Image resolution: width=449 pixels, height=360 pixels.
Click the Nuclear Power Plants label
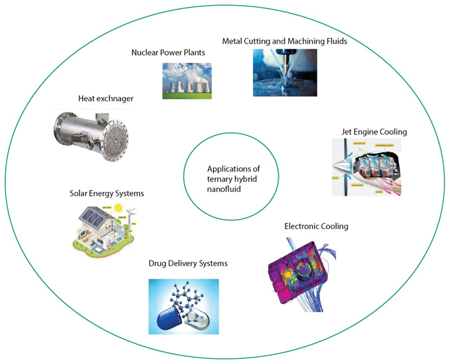(168, 53)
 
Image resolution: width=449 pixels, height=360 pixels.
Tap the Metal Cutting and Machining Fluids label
(284, 41)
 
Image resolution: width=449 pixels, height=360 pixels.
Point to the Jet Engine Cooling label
(374, 132)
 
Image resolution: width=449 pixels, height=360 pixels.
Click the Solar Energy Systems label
(107, 193)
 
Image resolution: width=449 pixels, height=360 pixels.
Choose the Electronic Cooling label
(316, 226)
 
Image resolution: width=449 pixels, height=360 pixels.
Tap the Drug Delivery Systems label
(188, 263)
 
